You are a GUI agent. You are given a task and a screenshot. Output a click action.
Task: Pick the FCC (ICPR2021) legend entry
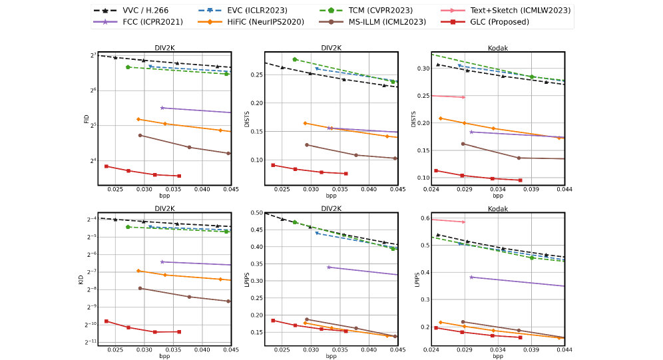point(141,22)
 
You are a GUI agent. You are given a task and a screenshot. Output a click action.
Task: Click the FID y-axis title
point(87,119)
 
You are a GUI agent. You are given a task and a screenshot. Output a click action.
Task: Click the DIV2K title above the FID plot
point(164,47)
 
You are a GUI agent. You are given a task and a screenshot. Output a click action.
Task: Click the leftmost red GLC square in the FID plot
point(107,166)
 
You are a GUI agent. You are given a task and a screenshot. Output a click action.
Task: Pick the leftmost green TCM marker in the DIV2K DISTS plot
point(295,59)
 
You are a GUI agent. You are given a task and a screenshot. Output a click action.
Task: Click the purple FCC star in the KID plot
point(162,262)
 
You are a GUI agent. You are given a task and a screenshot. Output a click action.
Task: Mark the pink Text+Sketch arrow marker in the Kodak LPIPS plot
point(463,222)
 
